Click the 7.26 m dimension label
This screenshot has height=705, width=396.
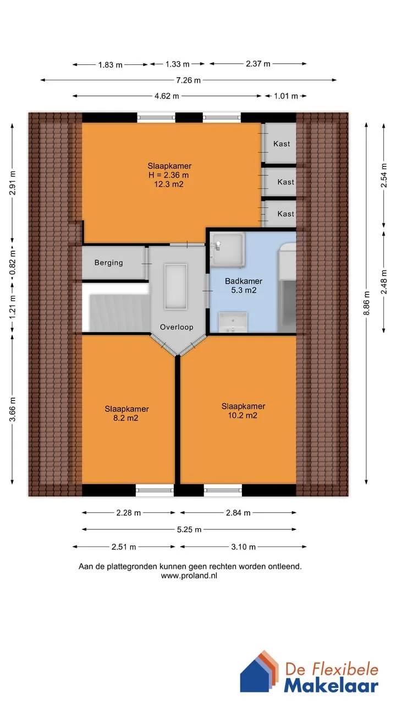coord(188,80)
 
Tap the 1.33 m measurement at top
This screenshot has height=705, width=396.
coord(178,64)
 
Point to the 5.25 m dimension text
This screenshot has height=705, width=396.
coord(189,529)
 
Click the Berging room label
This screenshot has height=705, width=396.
coord(109,263)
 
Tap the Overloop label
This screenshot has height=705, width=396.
coord(177,327)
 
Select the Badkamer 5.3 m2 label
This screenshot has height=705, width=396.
coord(244,285)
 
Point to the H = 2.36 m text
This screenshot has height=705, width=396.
coord(169,175)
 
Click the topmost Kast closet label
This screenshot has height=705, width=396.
coord(282,144)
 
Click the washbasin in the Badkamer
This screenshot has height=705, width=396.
coord(233,323)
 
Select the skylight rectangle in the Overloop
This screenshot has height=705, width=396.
coord(175,287)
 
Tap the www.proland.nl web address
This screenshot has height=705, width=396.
coord(189,576)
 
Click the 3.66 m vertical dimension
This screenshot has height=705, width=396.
coord(13,409)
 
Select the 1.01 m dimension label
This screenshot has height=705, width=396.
coord(285,96)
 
